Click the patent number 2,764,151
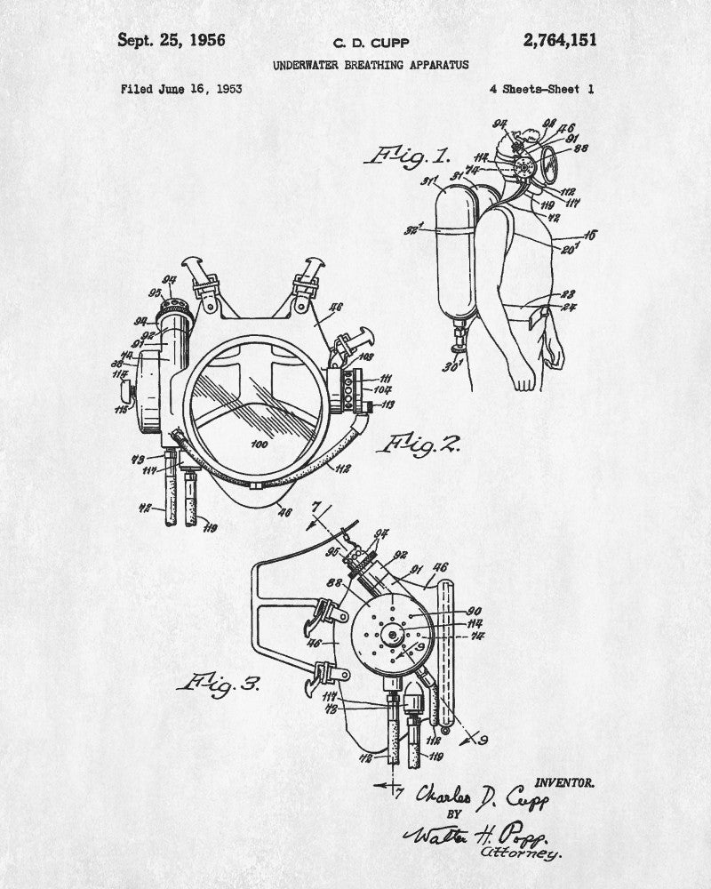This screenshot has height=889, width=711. click(560, 40)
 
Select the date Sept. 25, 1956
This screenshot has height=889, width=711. click(172, 40)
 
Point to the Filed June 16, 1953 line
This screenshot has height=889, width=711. click(181, 89)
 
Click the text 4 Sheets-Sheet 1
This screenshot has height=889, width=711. click(541, 89)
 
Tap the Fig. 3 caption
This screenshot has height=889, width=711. click(218, 683)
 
